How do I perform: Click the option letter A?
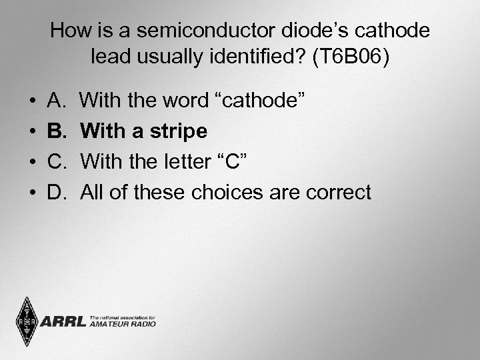coord(56,101)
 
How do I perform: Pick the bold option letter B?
coord(57,131)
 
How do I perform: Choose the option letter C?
coord(57,162)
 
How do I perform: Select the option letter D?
coord(57,193)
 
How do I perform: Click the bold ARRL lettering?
coord(64,322)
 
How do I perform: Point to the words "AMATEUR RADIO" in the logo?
coord(122,325)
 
